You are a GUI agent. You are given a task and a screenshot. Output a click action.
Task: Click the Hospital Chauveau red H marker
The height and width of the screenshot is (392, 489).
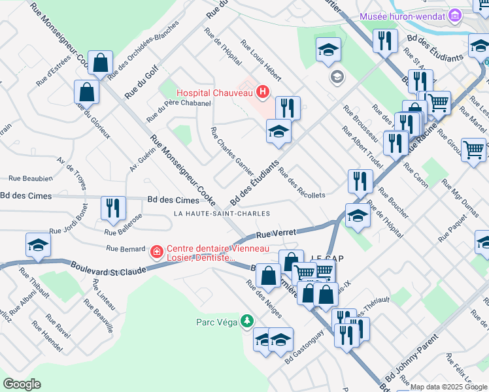click(x=262, y=93)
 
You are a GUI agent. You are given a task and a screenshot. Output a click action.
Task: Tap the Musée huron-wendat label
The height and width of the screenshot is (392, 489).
click(x=401, y=16)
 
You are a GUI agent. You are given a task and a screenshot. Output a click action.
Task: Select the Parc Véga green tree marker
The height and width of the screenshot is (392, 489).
click(x=246, y=321)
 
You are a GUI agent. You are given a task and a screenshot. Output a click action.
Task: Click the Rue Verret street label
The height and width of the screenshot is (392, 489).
click(x=276, y=233)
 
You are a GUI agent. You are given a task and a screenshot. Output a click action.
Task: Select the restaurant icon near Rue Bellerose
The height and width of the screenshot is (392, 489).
click(x=113, y=208)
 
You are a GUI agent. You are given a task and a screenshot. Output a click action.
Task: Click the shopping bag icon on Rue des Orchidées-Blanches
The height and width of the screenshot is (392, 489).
click(x=101, y=63)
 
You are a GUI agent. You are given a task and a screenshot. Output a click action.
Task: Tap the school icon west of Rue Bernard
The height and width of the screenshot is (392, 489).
click(x=38, y=245)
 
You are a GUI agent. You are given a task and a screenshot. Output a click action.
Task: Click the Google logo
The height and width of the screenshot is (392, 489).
click(x=22, y=384)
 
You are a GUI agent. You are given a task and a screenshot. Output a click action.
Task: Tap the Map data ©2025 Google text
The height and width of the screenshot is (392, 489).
click(x=448, y=387)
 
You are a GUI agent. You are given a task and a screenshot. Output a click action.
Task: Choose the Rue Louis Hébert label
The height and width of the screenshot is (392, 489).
click(x=261, y=61)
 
